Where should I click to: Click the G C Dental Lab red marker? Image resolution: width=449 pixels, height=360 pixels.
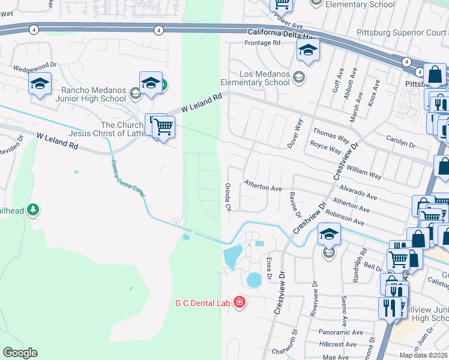[x=240, y=302]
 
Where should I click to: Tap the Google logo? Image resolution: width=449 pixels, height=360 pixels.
[x=20, y=353]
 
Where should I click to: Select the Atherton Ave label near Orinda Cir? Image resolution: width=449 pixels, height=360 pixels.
[x=263, y=188]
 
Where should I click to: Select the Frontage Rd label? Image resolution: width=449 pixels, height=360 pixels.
[x=262, y=43]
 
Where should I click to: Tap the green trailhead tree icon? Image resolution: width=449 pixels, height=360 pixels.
[x=33, y=209]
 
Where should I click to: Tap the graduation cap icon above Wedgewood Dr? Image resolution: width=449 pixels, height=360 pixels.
[x=40, y=83]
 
